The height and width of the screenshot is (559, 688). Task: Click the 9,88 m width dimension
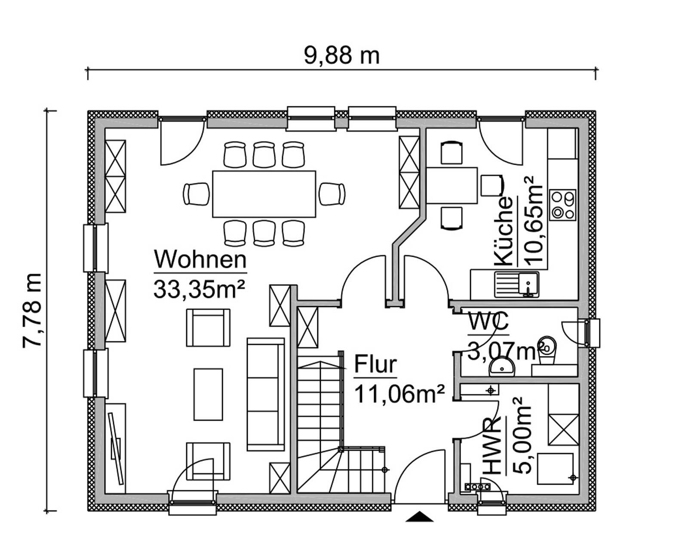341,55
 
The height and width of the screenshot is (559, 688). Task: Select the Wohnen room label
200,259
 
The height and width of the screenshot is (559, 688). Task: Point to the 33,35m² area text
199,289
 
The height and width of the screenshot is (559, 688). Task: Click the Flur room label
375,364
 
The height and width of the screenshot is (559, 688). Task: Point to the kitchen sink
516,284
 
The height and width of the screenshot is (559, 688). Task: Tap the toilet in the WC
547,345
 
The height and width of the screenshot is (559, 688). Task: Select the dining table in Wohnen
264,194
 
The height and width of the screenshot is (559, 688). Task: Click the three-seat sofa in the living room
265,394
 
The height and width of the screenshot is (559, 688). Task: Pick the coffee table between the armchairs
208,394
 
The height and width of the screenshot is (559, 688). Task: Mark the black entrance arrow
419,516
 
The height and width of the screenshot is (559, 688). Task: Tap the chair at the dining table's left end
196,194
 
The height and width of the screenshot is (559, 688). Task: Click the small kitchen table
452,185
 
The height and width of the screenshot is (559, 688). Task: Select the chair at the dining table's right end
332,194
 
